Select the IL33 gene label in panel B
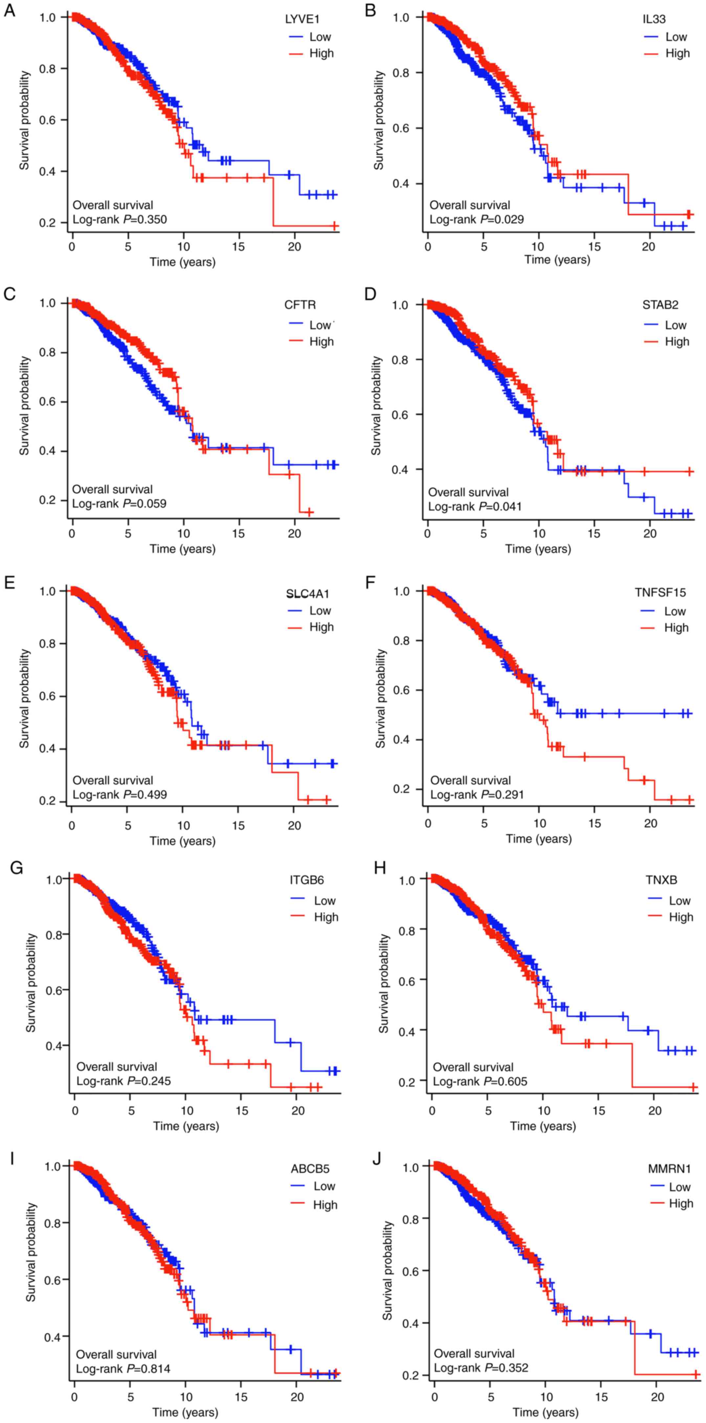tap(655, 19)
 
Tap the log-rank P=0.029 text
tap(476, 219)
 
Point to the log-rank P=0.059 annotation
tap(119, 503)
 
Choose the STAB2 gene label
tap(660, 305)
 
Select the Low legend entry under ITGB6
tap(324, 901)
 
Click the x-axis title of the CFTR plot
tap(183, 549)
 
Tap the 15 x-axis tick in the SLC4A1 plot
tap(238, 826)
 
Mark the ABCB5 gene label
tap(311, 1169)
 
